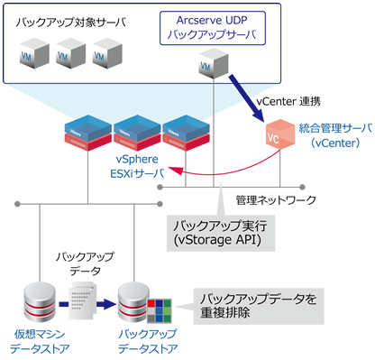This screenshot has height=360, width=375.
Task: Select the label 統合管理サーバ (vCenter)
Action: (x=330, y=136)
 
